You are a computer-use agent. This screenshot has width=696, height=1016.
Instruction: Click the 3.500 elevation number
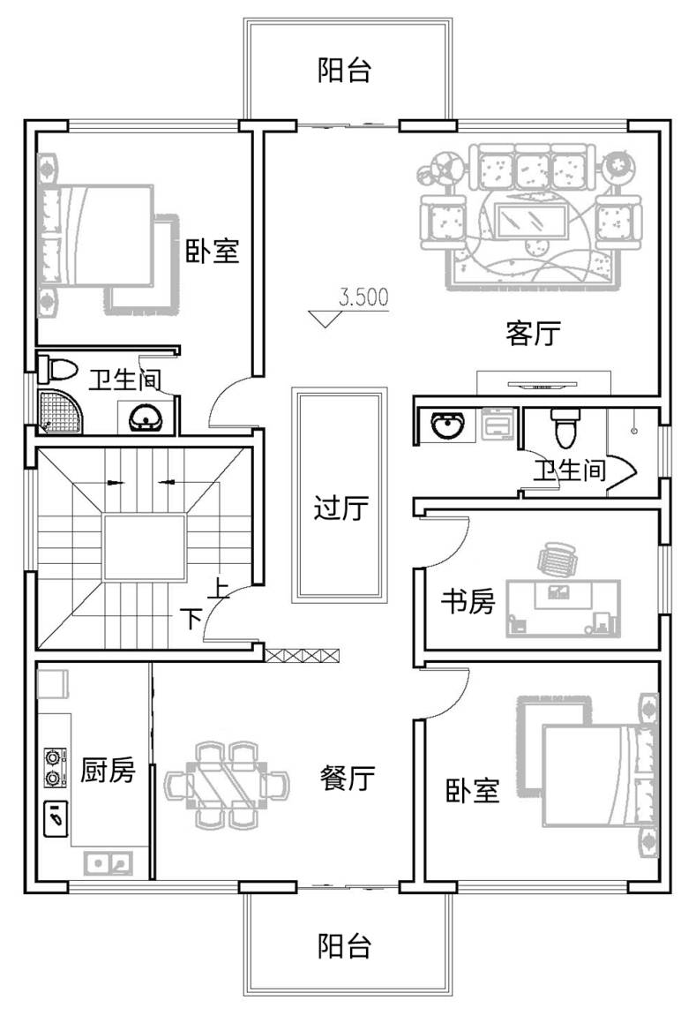tap(363, 297)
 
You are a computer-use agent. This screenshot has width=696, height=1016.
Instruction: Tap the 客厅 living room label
tap(533, 334)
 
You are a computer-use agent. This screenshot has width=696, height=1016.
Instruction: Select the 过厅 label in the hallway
tap(341, 508)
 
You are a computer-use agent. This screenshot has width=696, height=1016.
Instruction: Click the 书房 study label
tap(468, 601)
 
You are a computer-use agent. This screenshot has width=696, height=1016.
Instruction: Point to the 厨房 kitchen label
tap(108, 770)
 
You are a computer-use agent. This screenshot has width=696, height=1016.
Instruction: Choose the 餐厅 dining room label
tap(348, 777)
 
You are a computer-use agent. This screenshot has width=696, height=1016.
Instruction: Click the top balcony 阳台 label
tap(344, 70)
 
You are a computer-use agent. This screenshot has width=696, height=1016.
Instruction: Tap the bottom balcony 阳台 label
tap(344, 946)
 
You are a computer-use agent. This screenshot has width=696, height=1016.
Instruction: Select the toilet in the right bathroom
tap(564, 427)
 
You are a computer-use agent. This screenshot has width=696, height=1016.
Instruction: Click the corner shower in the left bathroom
tap(61, 411)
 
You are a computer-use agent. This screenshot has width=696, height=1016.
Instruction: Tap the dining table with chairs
tap(228, 786)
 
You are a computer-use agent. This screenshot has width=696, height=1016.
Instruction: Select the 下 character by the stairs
tap(191, 619)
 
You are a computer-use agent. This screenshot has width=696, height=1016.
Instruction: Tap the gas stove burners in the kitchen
tap(54, 767)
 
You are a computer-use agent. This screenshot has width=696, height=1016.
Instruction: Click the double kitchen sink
tap(109, 863)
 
